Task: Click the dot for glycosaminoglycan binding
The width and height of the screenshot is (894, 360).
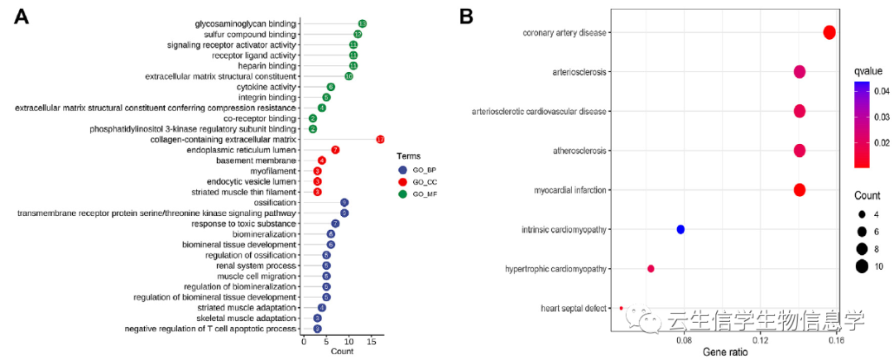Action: pyautogui.click(x=363, y=24)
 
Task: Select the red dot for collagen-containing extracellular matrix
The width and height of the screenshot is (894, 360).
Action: pyautogui.click(x=381, y=139)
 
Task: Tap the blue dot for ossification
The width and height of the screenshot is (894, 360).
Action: pyautogui.click(x=344, y=203)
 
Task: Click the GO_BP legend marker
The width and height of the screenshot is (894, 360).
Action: pyautogui.click(x=402, y=169)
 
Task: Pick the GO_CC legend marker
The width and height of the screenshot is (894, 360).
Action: pyautogui.click(x=402, y=181)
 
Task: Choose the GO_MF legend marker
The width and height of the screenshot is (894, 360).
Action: pyautogui.click(x=402, y=194)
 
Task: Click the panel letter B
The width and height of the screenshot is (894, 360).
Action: pyautogui.click(x=468, y=17)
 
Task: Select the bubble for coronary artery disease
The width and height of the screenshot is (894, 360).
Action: pyautogui.click(x=830, y=32)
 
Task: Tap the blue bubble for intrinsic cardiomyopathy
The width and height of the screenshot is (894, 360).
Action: pyautogui.click(x=680, y=229)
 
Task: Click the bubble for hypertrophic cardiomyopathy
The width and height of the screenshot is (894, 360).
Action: pyautogui.click(x=651, y=269)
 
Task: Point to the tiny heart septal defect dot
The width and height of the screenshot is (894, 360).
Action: pyautogui.click(x=621, y=308)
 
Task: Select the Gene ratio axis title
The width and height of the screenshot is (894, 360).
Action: pyautogui.click(x=725, y=353)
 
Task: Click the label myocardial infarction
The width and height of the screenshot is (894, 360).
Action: pyautogui.click(x=567, y=190)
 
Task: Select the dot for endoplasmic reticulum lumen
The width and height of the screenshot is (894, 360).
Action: pyautogui.click(x=335, y=150)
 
